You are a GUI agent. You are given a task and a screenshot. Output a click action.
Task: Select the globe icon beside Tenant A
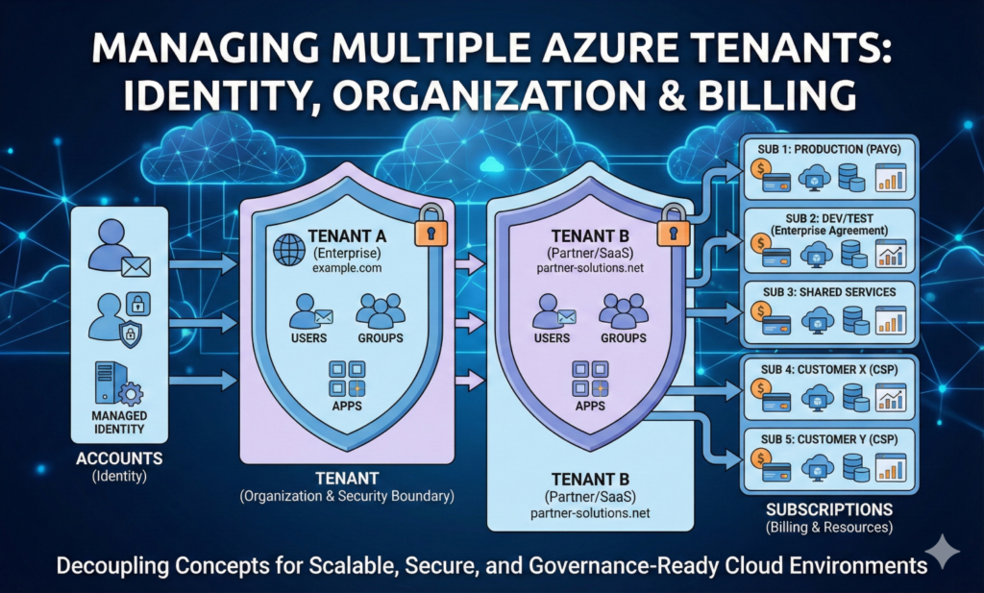point(288,248)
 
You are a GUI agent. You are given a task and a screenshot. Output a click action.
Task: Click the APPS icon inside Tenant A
point(345,378)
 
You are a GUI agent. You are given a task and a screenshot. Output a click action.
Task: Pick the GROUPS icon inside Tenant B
point(622,310)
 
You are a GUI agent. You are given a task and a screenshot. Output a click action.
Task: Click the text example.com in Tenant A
point(347,269)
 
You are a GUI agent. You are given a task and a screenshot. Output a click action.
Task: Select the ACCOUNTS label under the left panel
point(119,458)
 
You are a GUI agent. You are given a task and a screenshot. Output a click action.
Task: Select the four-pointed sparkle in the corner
point(947,554)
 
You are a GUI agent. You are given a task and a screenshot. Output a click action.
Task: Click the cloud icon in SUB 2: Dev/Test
point(817,253)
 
